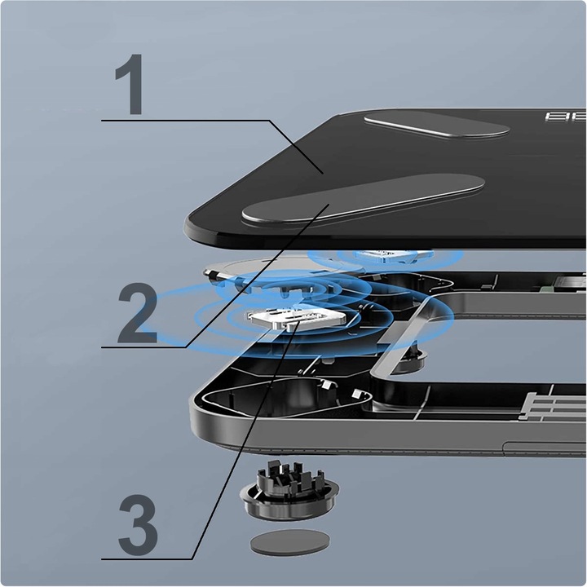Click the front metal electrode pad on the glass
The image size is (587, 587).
362,199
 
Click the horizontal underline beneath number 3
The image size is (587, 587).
147,559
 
